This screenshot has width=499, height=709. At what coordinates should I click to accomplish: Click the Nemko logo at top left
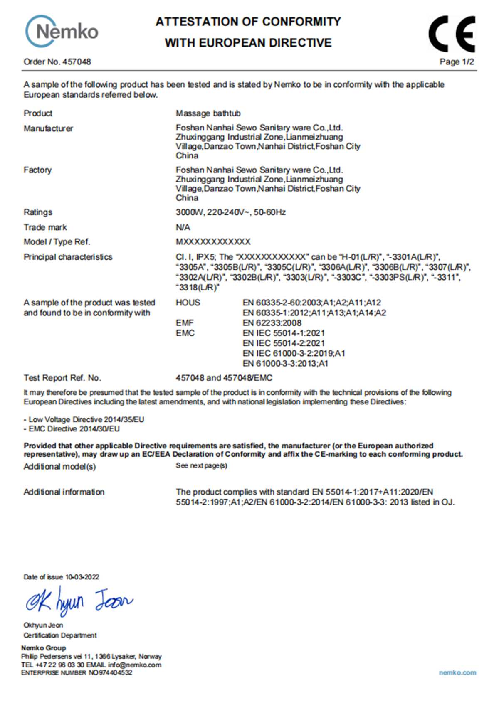point(62,32)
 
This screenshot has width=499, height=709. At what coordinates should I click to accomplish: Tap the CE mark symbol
point(452,34)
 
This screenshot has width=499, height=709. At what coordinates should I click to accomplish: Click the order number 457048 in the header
point(77,62)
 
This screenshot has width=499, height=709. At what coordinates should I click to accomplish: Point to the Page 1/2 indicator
point(457,62)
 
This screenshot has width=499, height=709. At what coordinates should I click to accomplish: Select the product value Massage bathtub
point(208,113)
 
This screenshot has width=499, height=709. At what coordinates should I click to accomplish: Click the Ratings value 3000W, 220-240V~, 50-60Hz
point(230,212)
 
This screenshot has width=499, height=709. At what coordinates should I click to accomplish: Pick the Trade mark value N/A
point(183,227)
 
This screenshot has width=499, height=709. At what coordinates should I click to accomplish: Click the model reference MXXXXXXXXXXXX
point(213,242)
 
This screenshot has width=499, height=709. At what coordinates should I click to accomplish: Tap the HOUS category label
point(188,303)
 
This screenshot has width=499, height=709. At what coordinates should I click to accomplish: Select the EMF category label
point(185,323)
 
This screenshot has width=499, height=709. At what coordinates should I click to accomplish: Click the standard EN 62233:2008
point(272,323)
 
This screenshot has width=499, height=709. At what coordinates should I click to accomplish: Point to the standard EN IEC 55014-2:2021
point(284,343)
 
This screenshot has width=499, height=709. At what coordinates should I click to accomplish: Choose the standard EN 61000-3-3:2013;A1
point(285,364)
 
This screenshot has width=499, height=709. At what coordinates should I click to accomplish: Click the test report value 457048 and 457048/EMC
point(224,378)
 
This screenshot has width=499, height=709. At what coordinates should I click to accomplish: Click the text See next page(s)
point(201,465)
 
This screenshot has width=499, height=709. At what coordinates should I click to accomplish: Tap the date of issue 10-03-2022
point(82,577)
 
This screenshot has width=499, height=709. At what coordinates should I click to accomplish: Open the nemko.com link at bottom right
point(457,672)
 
